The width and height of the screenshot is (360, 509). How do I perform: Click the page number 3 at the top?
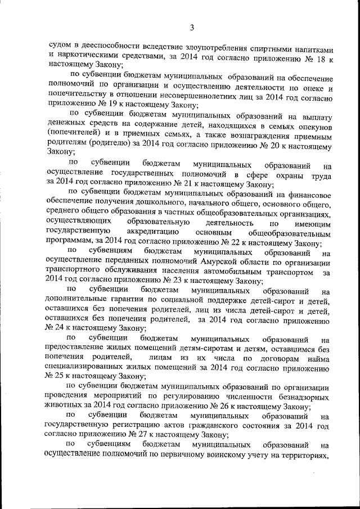[192, 28]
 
